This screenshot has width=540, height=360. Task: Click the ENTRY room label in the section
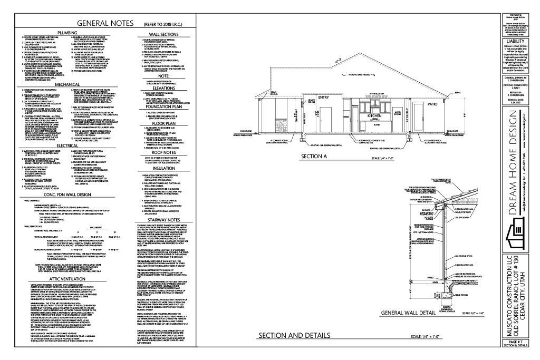pyautogui.click(x=308, y=97)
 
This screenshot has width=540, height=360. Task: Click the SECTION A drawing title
pyautogui.click(x=315, y=157)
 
